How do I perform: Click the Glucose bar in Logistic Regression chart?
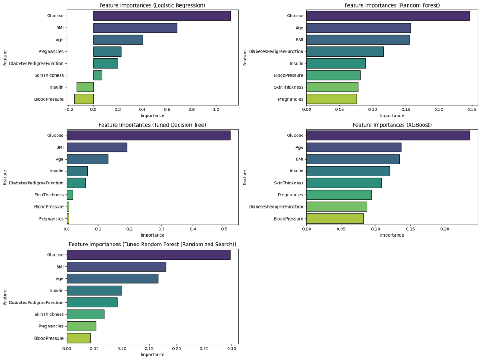pos(162,16)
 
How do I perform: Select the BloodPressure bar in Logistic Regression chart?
pos(84,99)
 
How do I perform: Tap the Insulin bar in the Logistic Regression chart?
pos(85,87)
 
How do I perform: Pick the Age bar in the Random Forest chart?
pos(359,28)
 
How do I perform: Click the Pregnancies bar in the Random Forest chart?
pos(332,99)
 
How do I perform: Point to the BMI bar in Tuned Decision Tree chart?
pos(97,147)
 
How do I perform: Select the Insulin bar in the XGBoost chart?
pos(348,171)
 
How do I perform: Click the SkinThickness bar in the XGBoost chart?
pos(344,183)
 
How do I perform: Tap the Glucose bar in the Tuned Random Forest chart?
pos(148,255)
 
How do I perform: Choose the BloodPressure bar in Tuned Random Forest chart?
pos(79,338)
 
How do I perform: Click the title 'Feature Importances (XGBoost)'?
pos(392,125)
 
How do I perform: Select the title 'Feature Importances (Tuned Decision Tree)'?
pos(152,125)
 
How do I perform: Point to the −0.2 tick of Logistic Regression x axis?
pos(68,109)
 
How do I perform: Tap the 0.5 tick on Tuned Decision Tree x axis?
pos(224,229)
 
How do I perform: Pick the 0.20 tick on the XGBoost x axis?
pos(444,229)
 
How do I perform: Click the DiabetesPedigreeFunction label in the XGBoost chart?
pos(276,207)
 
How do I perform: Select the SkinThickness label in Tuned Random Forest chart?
pos(49,314)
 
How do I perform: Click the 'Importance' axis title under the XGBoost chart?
pos(392,235)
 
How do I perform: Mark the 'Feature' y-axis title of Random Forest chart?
pos(245,58)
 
